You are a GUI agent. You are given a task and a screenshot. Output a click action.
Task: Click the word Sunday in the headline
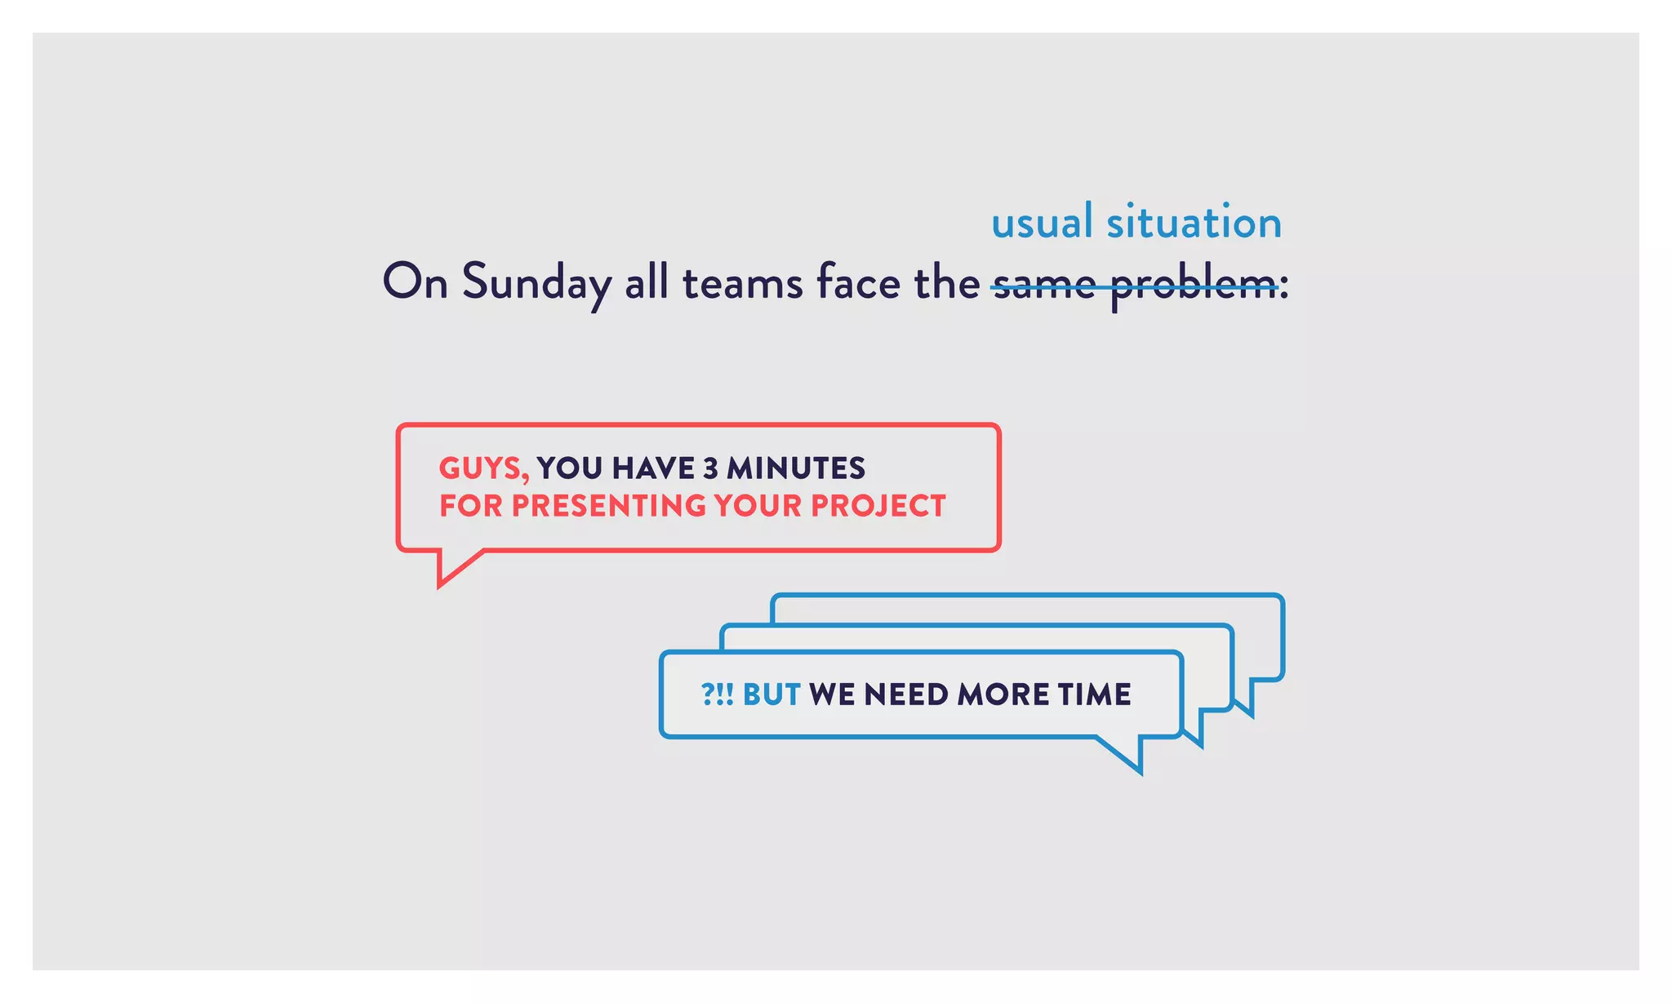click(x=536, y=282)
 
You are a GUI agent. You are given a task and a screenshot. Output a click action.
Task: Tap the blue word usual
click(x=1041, y=223)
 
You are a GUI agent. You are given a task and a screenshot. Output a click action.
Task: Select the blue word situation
click(x=1194, y=223)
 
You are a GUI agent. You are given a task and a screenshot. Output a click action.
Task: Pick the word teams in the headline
click(x=742, y=282)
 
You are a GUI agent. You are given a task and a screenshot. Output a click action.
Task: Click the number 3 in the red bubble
click(x=710, y=468)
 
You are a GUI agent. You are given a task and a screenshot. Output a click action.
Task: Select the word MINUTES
click(x=796, y=468)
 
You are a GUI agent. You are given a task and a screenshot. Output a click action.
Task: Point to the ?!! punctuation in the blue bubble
click(x=717, y=695)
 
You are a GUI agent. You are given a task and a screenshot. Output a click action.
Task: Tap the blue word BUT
click(x=772, y=695)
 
